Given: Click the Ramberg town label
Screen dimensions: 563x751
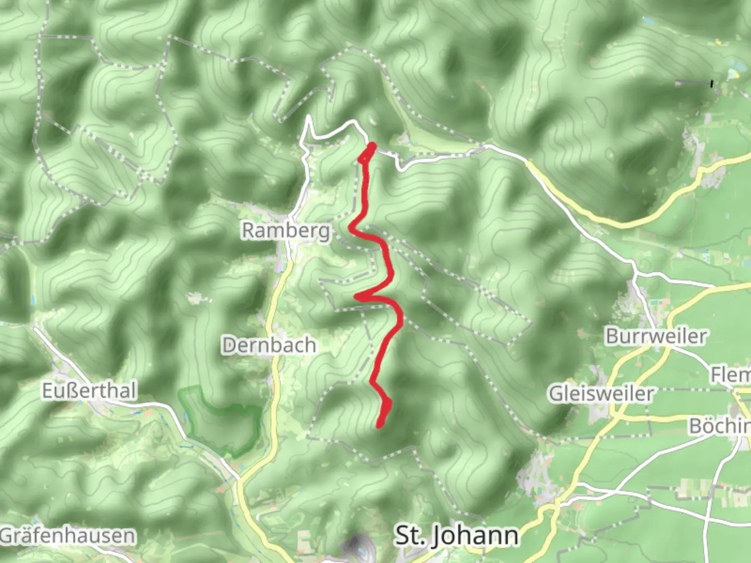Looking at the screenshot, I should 286,230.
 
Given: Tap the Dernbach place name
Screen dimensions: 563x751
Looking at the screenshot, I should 269,345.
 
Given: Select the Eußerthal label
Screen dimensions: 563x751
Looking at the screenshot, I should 89,391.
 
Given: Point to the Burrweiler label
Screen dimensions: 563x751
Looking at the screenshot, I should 656,336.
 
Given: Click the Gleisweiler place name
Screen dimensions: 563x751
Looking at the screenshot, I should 600,394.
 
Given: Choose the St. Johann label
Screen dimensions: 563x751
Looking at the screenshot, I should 457,536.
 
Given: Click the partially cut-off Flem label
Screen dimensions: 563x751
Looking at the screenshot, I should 730,374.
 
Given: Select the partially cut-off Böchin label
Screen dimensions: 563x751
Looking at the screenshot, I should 720,426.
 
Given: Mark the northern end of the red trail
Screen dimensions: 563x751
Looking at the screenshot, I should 372,145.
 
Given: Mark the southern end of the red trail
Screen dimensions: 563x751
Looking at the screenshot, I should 379,426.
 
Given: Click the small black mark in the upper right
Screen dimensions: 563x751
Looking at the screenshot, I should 712,83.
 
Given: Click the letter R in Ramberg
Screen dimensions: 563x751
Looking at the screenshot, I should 248,230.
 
